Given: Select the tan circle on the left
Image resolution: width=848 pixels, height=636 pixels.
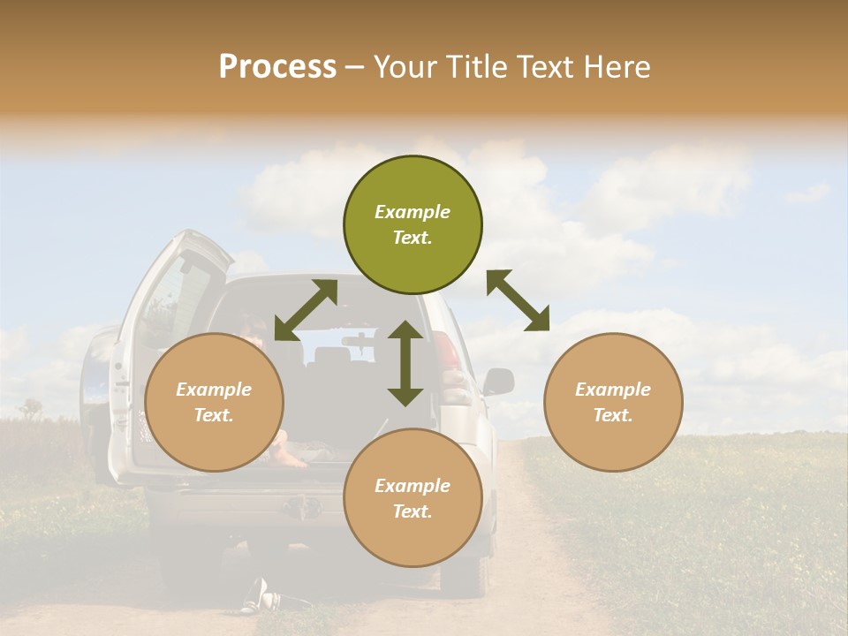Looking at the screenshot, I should point(214,402).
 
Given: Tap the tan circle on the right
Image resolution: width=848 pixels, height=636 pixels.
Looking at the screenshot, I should point(613,402).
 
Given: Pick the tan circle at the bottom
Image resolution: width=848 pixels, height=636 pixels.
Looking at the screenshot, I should point(413,497).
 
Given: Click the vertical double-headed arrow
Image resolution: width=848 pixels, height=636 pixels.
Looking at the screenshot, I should point(405,363).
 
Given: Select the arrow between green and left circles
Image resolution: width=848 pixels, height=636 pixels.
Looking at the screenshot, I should point(306,310).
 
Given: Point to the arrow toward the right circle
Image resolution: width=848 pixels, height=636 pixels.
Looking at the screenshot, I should point(518,300).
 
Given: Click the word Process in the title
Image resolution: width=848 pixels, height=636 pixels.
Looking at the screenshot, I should point(277,66).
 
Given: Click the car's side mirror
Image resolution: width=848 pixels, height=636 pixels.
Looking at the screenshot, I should point(498,382).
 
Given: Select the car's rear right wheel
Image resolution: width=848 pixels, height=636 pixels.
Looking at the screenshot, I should point(466,570).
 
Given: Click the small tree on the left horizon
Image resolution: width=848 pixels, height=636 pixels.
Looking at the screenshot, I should point(32,407).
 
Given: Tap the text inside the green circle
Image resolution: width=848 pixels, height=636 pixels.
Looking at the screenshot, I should point(413,224).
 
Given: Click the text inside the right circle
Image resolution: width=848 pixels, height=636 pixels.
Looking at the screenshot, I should point(613,402).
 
